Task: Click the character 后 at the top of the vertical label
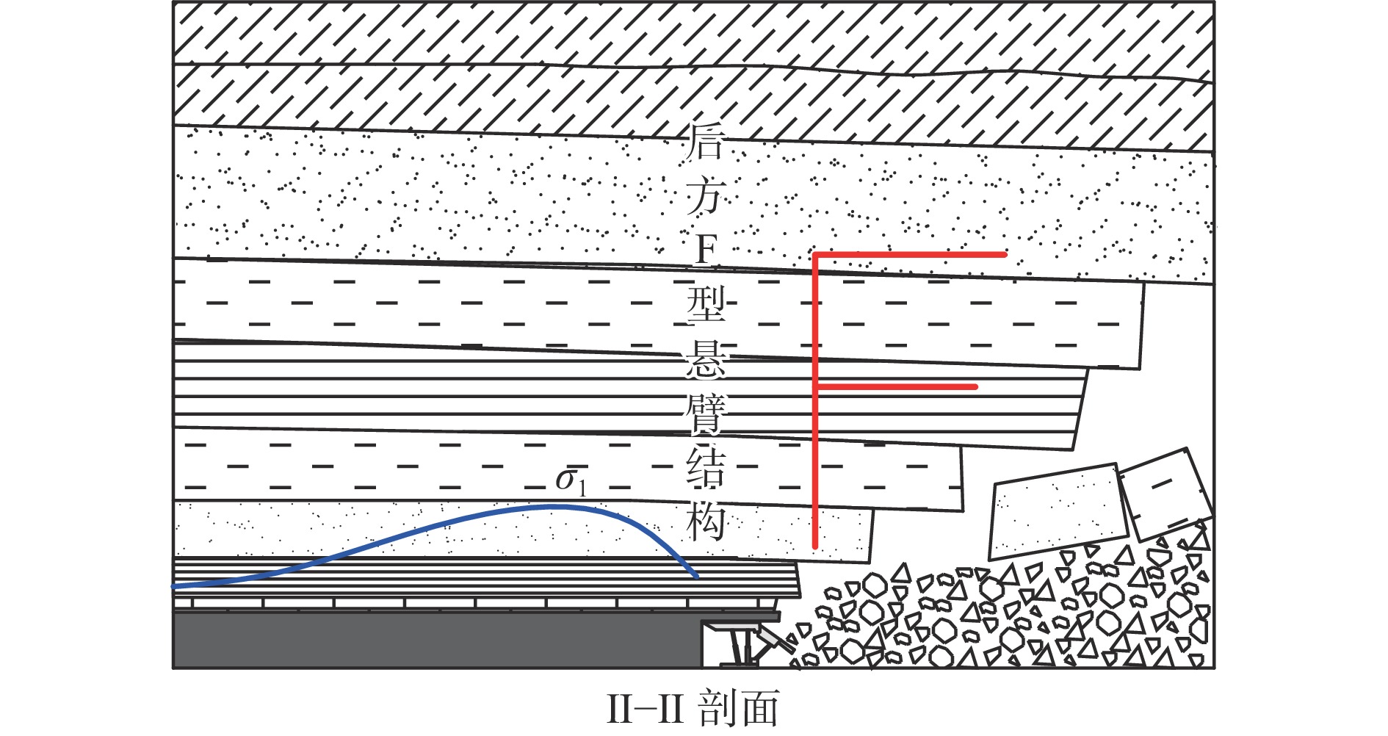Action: pyautogui.click(x=705, y=141)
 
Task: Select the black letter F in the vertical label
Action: pyautogui.click(x=705, y=250)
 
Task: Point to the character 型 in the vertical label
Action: pyautogui.click(x=705, y=304)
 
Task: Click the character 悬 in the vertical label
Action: pyautogui.click(x=705, y=358)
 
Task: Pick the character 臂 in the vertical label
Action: pyautogui.click(x=705, y=413)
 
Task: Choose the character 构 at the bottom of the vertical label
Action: pyautogui.click(x=705, y=522)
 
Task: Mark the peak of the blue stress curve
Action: pyautogui.click(x=551, y=507)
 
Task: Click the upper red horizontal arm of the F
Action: pyautogui.click(x=909, y=254)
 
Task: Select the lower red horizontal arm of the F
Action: pyautogui.click(x=896, y=386)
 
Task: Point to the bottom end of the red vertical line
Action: pyautogui.click(x=815, y=547)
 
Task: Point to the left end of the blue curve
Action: pyautogui.click(x=174, y=587)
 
